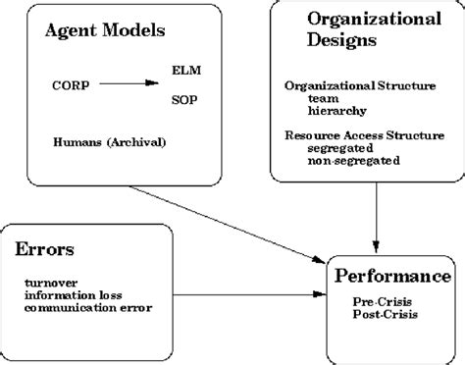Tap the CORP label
tap(69, 85)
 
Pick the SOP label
tap(183, 98)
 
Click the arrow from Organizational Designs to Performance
tap(377, 213)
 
